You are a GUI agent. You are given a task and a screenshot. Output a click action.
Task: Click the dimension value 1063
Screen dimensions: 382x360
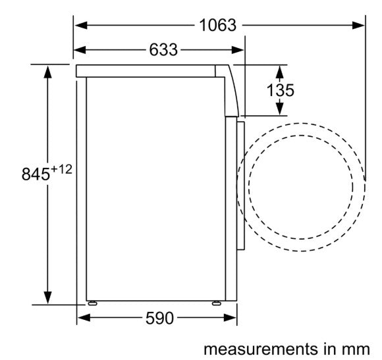pyautogui.click(x=217, y=25)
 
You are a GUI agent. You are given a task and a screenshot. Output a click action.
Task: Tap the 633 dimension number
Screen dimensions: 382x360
pyautogui.click(x=163, y=50)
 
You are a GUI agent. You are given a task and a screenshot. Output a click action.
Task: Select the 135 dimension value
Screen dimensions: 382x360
pyautogui.click(x=281, y=90)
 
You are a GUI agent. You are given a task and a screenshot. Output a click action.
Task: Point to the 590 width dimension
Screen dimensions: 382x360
pyautogui.click(x=159, y=318)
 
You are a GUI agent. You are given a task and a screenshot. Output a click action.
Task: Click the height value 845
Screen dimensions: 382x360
pyautogui.click(x=36, y=174)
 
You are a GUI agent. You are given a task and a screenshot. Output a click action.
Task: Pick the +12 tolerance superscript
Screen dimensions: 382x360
pyautogui.click(x=62, y=169)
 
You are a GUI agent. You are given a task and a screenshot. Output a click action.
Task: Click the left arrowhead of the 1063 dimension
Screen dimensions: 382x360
pyautogui.click(x=81, y=25)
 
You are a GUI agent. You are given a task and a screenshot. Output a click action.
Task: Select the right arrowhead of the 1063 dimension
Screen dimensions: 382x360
pyautogui.click(x=358, y=25)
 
